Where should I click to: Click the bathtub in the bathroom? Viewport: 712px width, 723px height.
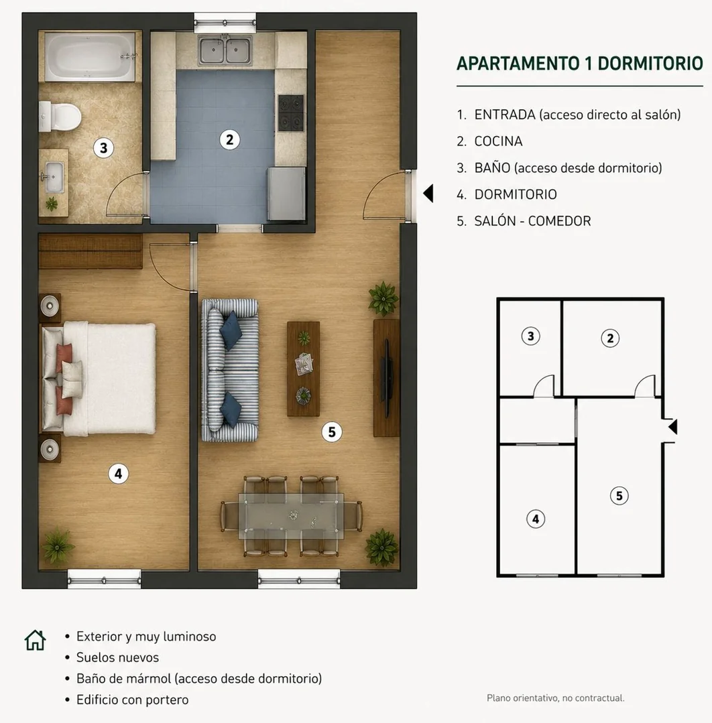91,56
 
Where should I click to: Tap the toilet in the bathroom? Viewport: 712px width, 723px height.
60,117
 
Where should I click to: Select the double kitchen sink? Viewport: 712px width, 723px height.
226,51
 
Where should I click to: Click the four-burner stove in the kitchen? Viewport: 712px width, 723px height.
291,113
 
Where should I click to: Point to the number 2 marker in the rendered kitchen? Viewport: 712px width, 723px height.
229,139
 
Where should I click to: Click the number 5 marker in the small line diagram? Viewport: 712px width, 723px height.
619,496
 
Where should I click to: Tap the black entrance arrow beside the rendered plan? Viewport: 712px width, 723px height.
428,193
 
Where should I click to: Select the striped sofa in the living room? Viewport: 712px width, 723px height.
230,371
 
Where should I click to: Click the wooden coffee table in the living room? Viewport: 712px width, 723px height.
303,369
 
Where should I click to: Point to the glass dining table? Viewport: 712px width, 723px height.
291,517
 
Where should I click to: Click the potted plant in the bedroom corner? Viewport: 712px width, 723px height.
57,546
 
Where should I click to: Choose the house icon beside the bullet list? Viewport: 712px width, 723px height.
35,640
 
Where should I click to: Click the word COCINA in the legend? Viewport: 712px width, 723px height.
498,141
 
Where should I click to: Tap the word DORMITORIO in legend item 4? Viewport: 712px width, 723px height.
516,194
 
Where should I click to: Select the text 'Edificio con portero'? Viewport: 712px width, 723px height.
133,700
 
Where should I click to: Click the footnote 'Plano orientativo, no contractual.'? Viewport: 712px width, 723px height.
556,698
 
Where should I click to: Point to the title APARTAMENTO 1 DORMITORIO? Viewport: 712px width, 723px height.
579,63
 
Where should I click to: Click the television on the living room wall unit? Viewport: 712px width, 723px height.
387,377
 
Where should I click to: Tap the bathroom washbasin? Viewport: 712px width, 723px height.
54,177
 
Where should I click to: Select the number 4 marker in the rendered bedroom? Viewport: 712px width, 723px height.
118,474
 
